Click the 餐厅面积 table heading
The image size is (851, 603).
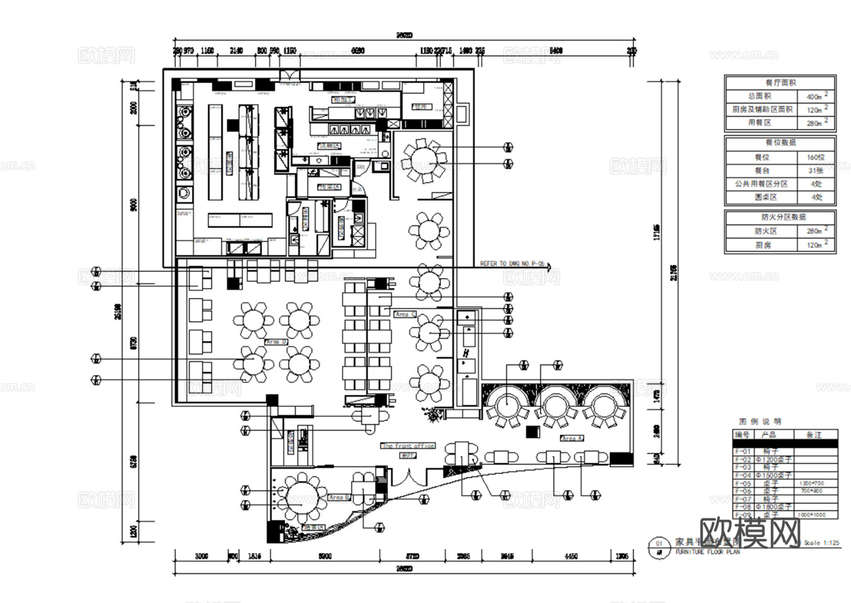(x=780, y=83)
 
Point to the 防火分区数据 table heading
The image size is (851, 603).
(x=780, y=217)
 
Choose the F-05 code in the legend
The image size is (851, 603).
(x=742, y=483)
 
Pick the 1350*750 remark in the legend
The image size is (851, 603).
(x=810, y=483)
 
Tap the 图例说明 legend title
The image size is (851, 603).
(x=760, y=421)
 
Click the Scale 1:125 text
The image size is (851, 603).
(x=821, y=543)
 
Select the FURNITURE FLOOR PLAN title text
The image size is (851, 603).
(x=707, y=552)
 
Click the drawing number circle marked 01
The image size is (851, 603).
(x=658, y=544)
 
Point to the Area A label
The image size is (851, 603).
(x=571, y=438)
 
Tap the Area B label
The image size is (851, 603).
(x=339, y=497)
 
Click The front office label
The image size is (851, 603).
(x=408, y=446)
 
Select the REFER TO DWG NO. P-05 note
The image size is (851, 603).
(x=512, y=264)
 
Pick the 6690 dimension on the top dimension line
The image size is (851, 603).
(x=357, y=51)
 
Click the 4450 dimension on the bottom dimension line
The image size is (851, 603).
(x=570, y=556)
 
